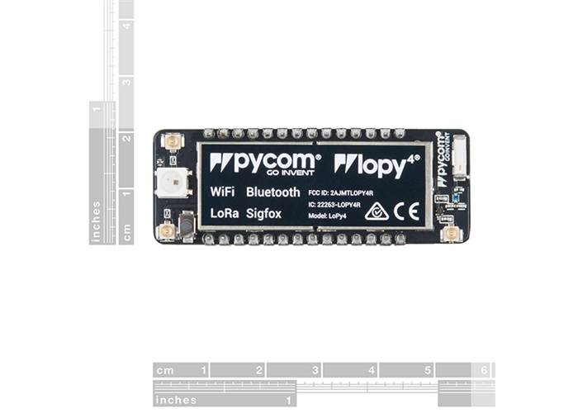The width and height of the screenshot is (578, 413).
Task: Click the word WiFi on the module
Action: coord(221,192)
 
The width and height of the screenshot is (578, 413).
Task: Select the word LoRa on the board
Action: coord(224,213)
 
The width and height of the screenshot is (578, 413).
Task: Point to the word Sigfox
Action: coord(263,213)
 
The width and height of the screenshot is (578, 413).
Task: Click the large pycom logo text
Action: coord(263,162)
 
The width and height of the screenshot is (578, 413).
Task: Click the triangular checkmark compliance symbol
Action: coord(377,211)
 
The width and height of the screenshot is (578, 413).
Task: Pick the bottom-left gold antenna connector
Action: coord(167,232)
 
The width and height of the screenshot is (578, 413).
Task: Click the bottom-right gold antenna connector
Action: coord(451,234)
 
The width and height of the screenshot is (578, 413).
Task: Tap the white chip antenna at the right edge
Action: coord(460,154)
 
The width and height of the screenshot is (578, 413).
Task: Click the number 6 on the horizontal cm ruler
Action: coord(485,370)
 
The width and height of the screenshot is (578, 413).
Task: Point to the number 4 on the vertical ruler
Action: coord(126,26)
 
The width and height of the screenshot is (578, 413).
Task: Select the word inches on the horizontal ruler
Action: coord(175,400)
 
